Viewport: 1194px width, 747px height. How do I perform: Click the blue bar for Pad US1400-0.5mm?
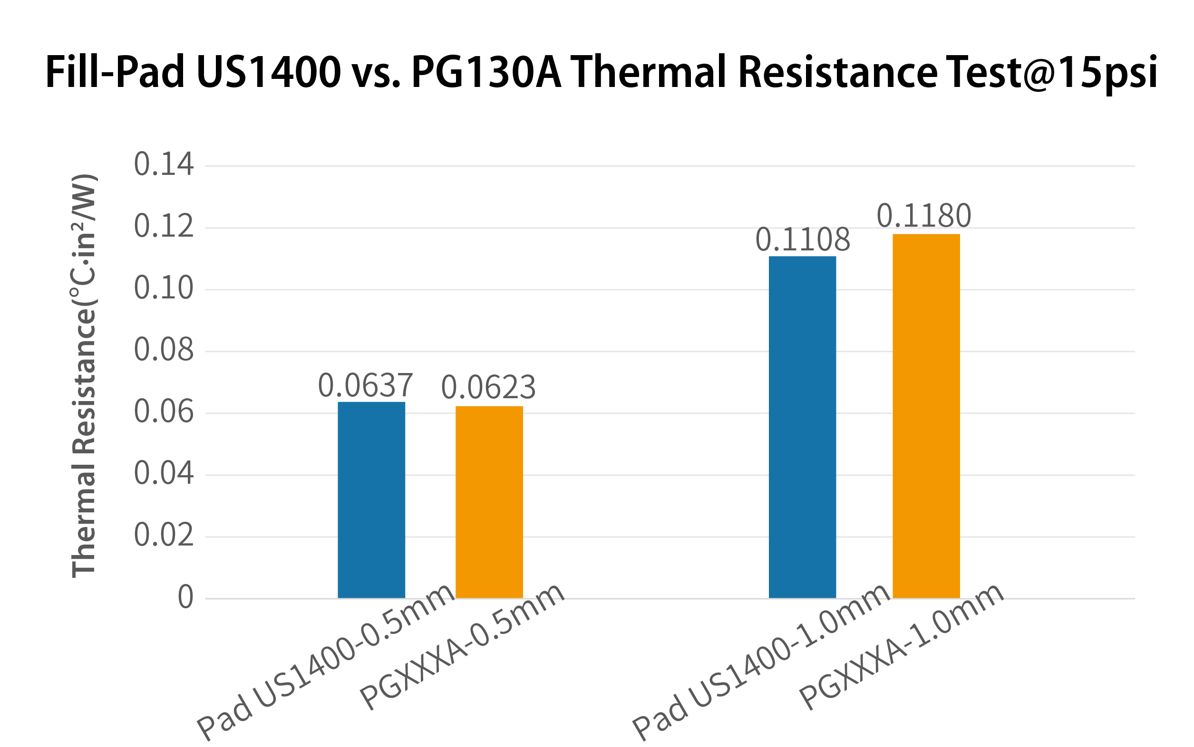click(x=371, y=500)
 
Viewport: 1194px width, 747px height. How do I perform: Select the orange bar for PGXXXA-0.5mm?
click(x=489, y=502)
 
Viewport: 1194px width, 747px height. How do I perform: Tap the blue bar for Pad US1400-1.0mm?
click(x=803, y=427)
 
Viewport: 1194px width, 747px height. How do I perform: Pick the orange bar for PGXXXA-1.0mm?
click(x=926, y=416)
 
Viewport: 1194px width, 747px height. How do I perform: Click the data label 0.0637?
click(x=365, y=386)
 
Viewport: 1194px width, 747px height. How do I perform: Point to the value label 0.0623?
click(x=488, y=388)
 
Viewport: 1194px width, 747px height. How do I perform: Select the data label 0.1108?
click(x=803, y=240)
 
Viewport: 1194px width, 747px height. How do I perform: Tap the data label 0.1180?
click(x=924, y=216)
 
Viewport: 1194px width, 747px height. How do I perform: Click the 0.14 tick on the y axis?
click(x=164, y=164)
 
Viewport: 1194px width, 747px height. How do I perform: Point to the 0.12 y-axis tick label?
click(x=164, y=227)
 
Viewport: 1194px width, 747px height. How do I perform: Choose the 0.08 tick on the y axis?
click(x=164, y=350)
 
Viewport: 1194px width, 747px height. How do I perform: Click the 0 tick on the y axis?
click(x=185, y=597)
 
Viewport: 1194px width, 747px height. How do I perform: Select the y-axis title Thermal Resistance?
click(x=84, y=375)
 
